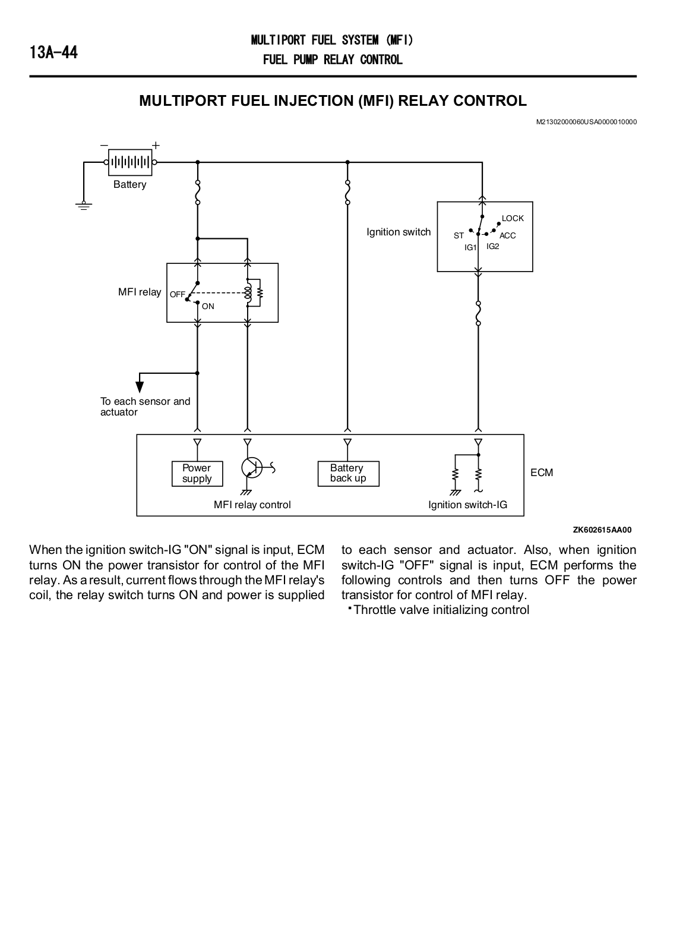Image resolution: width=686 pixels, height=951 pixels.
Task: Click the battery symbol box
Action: pos(130,162)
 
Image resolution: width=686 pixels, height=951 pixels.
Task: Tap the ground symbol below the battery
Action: pos(84,206)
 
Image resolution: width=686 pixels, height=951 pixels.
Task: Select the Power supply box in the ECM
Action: pos(197,473)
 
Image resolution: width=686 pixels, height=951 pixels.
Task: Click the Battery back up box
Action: pos(348,473)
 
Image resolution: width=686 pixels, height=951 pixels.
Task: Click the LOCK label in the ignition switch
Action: pos(513,218)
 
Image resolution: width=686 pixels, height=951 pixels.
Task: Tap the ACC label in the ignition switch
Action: pos(507,235)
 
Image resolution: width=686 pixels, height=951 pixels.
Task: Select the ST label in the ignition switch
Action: pos(459,235)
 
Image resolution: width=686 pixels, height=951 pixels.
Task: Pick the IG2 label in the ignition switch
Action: pos(492,246)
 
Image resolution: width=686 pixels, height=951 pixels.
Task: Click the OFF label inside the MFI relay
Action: pos(178,294)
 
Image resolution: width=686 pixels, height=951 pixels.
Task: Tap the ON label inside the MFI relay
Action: pos(208,306)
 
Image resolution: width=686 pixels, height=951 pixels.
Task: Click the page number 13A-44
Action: pos(53,53)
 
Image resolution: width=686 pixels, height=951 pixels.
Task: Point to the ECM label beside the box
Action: pos(542,473)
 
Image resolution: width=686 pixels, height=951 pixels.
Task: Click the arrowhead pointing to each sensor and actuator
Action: pos(140,387)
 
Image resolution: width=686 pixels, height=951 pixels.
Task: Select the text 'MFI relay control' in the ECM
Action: pos(252,505)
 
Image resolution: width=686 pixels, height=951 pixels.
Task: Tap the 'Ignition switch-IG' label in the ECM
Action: pos(467,505)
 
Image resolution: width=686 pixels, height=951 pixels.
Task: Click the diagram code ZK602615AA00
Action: pos(602,530)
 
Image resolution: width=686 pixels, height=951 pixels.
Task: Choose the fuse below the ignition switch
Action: pos(478,313)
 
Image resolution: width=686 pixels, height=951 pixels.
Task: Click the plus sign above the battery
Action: pos(156,145)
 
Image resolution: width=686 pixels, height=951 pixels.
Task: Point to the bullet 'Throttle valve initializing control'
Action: pos(439,610)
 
